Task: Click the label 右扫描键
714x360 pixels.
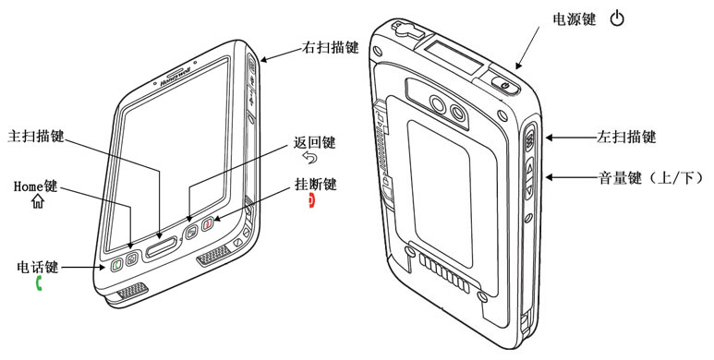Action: (x=331, y=47)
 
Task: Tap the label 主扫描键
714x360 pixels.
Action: (x=36, y=136)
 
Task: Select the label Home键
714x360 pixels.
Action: (x=35, y=186)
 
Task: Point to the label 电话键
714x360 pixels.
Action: (x=38, y=267)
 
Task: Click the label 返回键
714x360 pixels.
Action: (x=314, y=142)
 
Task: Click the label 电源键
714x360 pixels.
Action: (x=574, y=19)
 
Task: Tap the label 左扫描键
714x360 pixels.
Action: (x=626, y=137)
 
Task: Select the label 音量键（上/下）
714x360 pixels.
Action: (x=650, y=177)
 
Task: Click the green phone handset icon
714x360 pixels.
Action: (x=39, y=283)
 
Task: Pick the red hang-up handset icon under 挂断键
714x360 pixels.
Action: (x=312, y=200)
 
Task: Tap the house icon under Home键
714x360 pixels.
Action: (x=37, y=201)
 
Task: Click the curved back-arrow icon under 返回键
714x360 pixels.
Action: (x=310, y=158)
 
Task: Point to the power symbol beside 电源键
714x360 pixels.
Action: (x=617, y=19)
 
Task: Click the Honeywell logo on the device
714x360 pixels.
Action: (x=175, y=78)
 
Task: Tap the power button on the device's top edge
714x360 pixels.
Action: (x=505, y=86)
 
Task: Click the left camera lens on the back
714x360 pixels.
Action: (x=438, y=105)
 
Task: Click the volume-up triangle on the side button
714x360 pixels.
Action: (x=529, y=169)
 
